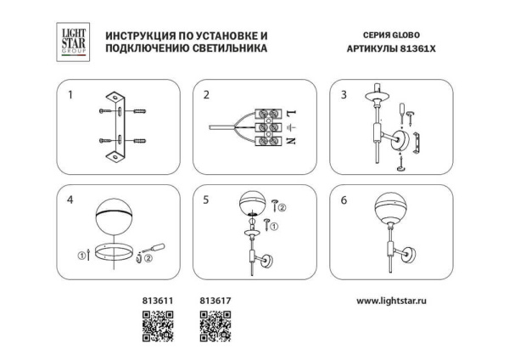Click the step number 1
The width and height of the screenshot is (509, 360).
point(71,95)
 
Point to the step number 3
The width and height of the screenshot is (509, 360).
point(344,95)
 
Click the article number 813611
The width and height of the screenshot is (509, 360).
point(155,300)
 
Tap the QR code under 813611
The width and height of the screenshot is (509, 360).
point(157,325)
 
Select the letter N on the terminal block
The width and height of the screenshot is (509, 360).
point(293,144)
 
